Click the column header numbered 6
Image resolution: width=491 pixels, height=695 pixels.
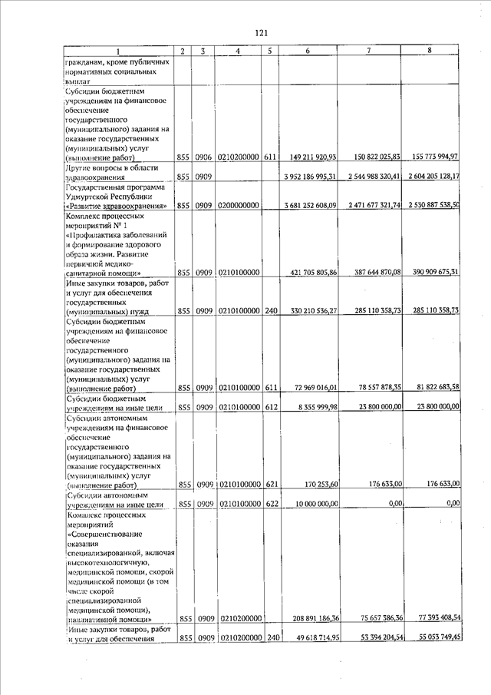click(308, 51)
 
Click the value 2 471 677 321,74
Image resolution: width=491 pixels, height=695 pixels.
click(370, 206)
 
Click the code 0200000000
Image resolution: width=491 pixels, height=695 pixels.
click(239, 206)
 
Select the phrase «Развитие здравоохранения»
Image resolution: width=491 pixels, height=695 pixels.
click(116, 206)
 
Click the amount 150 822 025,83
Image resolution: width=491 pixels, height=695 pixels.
click(370, 157)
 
